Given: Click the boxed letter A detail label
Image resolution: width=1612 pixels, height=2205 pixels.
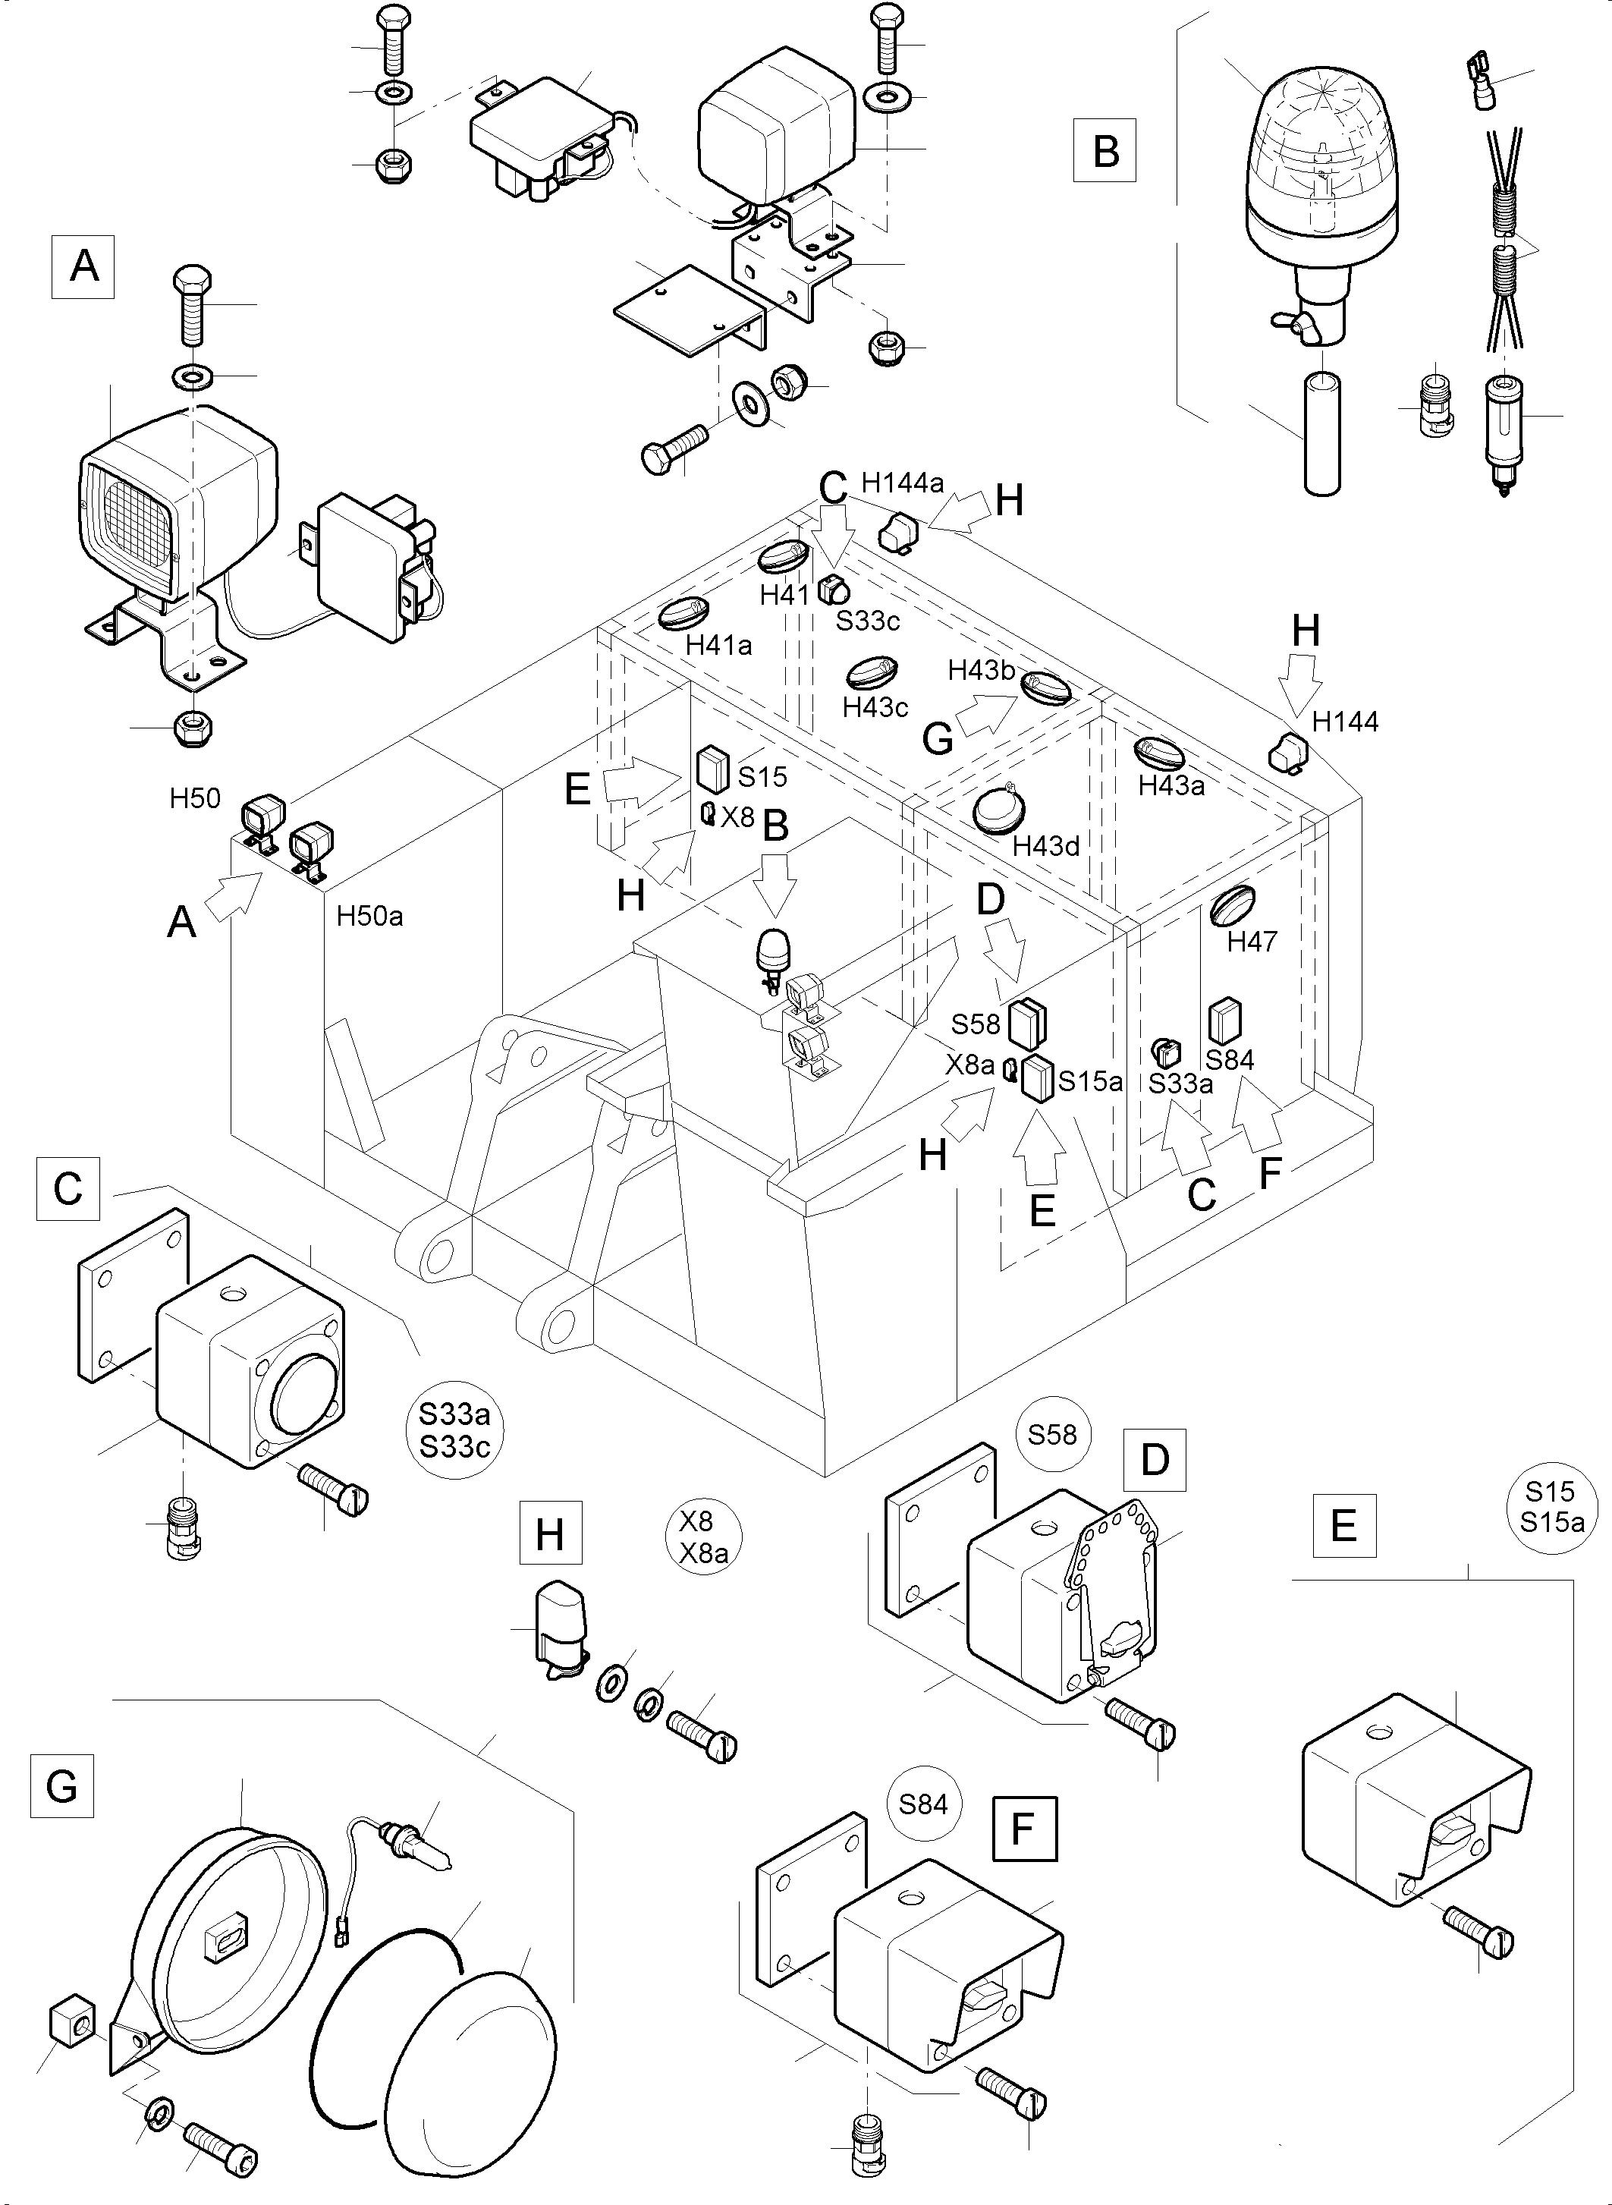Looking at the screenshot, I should [x=83, y=266].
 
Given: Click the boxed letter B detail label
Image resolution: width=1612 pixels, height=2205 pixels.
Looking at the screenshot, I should [x=1105, y=150].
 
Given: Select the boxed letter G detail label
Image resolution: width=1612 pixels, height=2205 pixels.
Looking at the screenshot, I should [x=61, y=1785].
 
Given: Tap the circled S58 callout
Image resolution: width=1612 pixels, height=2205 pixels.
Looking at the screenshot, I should [x=1052, y=1434].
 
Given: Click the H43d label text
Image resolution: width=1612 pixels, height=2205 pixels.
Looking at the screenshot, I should [x=1046, y=846].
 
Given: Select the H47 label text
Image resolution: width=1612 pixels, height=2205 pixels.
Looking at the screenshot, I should [x=1252, y=942].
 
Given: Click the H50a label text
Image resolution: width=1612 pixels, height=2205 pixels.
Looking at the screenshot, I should [x=370, y=916].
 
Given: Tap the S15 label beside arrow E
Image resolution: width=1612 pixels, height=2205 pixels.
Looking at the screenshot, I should [x=762, y=777].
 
